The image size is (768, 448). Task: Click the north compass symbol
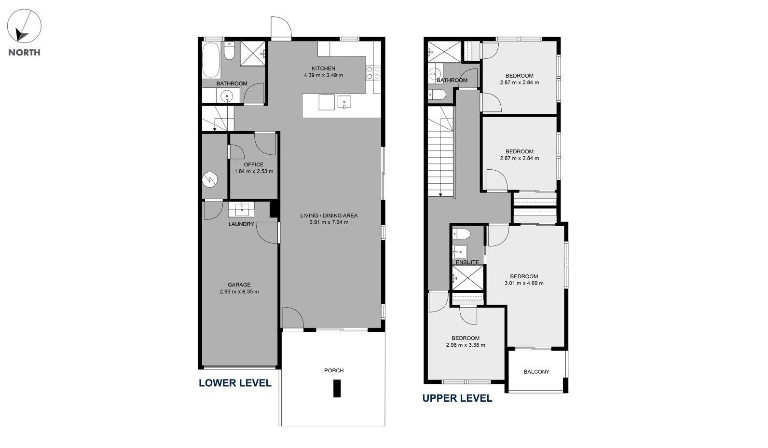(24, 26)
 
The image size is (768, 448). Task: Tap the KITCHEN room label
(323, 68)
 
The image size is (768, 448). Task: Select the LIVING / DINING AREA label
(329, 216)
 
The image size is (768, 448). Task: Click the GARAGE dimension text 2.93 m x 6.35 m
(239, 292)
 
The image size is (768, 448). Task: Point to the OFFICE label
(254, 164)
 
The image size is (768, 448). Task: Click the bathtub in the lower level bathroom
(211, 60)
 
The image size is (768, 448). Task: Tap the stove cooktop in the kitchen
(373, 73)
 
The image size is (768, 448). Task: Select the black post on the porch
(337, 388)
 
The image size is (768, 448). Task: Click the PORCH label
(334, 370)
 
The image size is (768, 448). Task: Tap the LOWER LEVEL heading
(235, 383)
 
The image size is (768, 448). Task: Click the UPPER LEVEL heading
(457, 398)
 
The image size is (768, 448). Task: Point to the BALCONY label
(536, 371)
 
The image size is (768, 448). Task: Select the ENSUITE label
(467, 262)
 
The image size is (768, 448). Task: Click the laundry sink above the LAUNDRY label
(241, 209)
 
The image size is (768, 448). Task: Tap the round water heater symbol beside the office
(210, 179)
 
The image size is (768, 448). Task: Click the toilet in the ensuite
(461, 234)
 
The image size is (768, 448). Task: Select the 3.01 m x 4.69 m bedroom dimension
(524, 283)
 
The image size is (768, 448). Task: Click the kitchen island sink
(344, 102)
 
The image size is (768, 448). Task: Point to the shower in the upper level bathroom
(444, 52)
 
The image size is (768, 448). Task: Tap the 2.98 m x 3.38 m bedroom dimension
(466, 345)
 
